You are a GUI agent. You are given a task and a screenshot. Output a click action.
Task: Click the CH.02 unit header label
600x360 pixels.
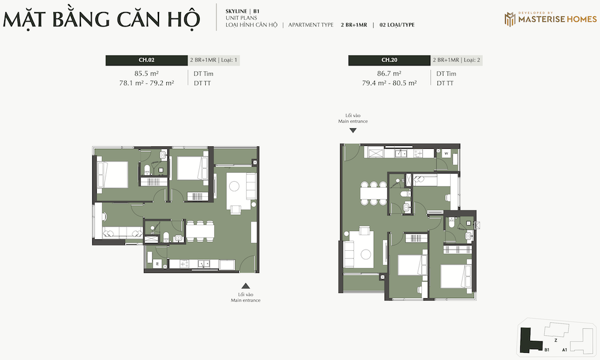pyautogui.click(x=146, y=60)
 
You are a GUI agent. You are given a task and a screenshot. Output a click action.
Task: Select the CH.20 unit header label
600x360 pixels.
pyautogui.click(x=389, y=60)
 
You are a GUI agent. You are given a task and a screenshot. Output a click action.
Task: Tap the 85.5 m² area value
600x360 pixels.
pyautogui.click(x=146, y=73)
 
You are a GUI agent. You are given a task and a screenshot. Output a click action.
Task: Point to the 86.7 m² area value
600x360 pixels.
pyautogui.click(x=389, y=73)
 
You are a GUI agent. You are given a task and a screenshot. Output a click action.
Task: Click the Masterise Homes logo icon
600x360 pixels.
pyautogui.click(x=509, y=19)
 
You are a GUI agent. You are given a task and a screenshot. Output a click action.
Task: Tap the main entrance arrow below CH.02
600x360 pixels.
pyautogui.click(x=245, y=286)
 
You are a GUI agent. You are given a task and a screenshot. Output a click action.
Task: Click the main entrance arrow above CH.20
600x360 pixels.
pyautogui.click(x=353, y=130)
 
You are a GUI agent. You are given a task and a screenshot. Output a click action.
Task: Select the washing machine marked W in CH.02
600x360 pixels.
pyautogui.click(x=157, y=263)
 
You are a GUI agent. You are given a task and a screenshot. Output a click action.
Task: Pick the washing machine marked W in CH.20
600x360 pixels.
pyautogui.click(x=446, y=154)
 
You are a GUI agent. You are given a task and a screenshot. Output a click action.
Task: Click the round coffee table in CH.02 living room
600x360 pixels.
pyautogui.click(x=234, y=187)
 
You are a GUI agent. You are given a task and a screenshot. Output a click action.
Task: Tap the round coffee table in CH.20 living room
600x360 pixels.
pyautogui.click(x=366, y=254)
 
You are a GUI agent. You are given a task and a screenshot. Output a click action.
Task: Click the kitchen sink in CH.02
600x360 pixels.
pyautogui.click(x=203, y=263)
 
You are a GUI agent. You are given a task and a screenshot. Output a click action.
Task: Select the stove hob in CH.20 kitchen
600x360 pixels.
pyautogui.click(x=418, y=154)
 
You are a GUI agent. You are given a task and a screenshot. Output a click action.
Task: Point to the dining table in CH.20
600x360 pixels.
pyautogui.click(x=374, y=194)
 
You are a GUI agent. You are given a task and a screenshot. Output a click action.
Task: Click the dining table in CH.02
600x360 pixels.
pyautogui.click(x=200, y=230)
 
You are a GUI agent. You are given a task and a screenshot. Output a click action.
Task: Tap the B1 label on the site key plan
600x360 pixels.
pyautogui.click(x=547, y=350)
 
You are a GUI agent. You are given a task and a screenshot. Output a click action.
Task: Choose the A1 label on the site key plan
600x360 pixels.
pyautogui.click(x=565, y=350)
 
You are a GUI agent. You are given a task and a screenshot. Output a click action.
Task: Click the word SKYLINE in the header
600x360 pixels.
pyautogui.click(x=236, y=11)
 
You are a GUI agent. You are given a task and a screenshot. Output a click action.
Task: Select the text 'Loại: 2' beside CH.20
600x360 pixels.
pyautogui.click(x=472, y=60)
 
